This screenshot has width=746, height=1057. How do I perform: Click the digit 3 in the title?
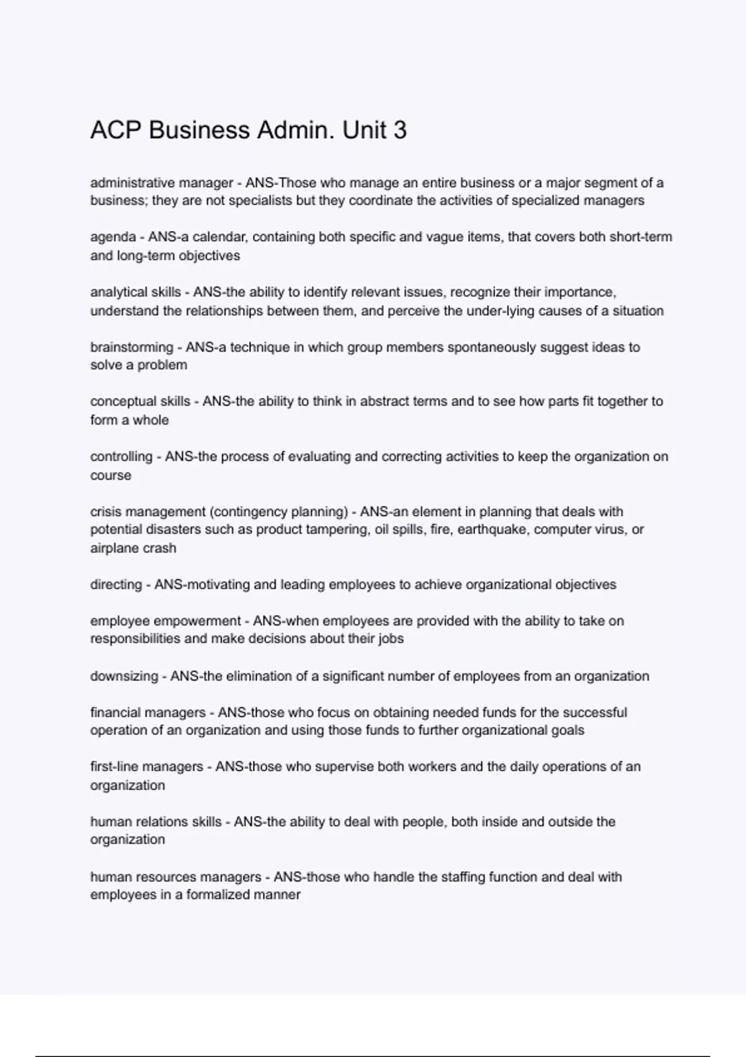[400, 131]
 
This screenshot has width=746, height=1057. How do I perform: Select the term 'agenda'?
[113, 238]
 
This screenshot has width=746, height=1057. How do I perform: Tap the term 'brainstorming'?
[132, 347]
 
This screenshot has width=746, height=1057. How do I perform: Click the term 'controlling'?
[121, 456]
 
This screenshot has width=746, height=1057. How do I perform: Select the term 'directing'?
[116, 584]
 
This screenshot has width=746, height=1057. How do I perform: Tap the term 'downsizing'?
[124, 676]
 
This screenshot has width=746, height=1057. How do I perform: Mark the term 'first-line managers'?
[147, 767]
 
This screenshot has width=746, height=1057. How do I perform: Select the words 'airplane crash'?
[133, 548]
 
